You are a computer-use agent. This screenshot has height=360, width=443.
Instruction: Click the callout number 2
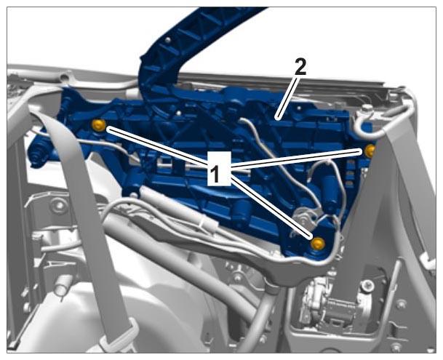coord(300,67)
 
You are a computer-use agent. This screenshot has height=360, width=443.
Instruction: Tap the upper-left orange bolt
coord(98,125)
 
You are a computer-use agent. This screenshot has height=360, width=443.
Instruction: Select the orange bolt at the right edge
coord(370,150)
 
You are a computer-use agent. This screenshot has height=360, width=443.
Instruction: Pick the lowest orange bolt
coord(317,244)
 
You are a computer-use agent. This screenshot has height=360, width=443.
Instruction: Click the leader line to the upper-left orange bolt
coord(157,146)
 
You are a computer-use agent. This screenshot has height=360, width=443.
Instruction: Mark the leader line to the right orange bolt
coord(297,159)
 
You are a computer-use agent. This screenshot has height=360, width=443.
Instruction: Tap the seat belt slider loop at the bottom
coord(119,336)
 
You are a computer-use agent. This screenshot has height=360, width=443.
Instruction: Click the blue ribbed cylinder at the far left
coord(38,153)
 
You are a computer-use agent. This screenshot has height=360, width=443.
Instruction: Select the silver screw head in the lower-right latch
coord(367,285)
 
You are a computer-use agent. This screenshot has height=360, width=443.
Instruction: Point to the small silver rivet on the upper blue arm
coord(169,40)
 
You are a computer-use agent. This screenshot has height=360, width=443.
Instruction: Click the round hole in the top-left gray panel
coord(65,76)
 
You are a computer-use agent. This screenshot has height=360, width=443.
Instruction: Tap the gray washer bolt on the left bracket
coord(59,205)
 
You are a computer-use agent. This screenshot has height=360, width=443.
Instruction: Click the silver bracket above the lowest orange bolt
coord(304,219)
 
